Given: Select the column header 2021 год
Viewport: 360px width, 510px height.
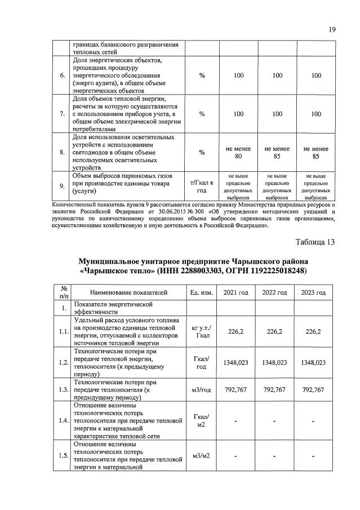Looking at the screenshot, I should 235,292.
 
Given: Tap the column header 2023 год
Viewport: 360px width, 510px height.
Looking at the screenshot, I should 313,292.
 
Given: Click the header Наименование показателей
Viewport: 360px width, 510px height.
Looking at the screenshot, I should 128,292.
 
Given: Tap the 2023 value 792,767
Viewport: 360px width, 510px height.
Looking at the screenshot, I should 313,389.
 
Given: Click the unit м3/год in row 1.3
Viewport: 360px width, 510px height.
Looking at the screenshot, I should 201,389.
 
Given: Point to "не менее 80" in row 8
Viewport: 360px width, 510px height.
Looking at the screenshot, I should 238,152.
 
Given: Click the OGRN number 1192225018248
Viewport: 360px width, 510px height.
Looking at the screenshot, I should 273,271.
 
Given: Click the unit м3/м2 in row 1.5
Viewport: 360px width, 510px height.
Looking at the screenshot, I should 201,455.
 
